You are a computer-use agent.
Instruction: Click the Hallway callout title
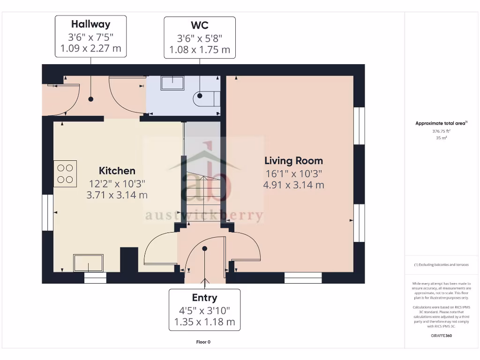[90, 24]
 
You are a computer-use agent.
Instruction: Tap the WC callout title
[199, 25]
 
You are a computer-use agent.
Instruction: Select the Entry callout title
[204, 298]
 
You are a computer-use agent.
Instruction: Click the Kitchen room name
[117, 171]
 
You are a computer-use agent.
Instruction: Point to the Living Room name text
[293, 161]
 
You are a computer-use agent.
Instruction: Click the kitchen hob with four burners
[65, 173]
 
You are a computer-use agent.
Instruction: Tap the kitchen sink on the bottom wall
[88, 263]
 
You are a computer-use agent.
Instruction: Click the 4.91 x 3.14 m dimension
[293, 185]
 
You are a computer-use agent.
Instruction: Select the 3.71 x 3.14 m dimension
[117, 195]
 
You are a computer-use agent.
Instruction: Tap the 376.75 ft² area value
[441, 132]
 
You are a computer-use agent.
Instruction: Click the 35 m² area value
[441, 138]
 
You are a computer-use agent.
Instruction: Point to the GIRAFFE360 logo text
[441, 336]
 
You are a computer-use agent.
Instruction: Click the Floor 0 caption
[203, 342]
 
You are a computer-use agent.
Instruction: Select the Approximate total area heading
[441, 123]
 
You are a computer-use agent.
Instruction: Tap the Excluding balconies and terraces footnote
[441, 265]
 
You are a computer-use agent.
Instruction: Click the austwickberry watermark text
[203, 216]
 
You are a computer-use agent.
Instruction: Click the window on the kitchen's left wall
[48, 213]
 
